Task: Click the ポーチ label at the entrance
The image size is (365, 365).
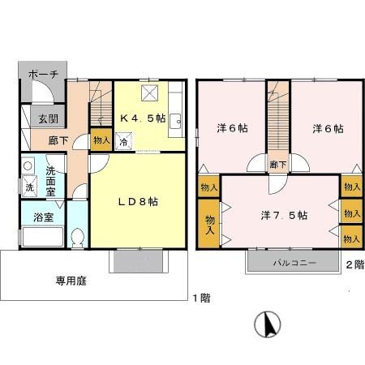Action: [42, 74]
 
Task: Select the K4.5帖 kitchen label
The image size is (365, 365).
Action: [143, 118]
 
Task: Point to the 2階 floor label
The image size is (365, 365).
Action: [354, 264]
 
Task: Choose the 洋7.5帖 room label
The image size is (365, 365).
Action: [283, 215]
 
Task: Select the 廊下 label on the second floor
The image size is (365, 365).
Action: [278, 163]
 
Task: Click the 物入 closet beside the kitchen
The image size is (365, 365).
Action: [101, 140]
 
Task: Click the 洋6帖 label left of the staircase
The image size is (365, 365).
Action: [231, 129]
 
